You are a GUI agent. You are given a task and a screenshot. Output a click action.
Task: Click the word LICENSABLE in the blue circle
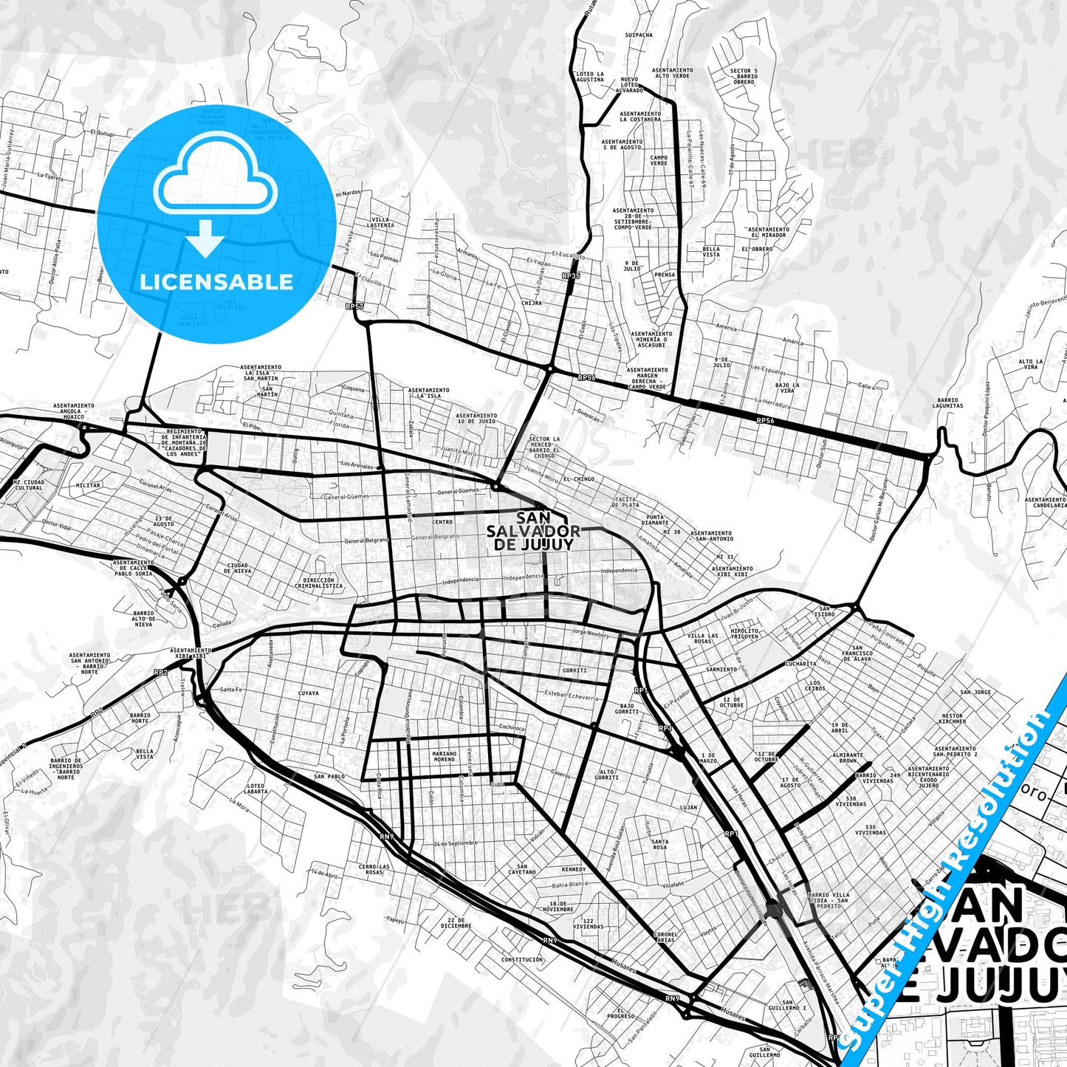click(x=216, y=281)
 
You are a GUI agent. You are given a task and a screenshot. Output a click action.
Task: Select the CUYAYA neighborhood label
click(x=308, y=693)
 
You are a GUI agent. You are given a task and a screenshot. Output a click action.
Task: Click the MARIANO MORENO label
click(x=445, y=756)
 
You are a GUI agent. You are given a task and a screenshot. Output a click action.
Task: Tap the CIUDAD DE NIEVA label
click(x=238, y=568)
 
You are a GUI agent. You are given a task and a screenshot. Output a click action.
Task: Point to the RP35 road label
click(x=571, y=275)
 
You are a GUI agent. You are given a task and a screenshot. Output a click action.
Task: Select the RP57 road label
click(x=354, y=306)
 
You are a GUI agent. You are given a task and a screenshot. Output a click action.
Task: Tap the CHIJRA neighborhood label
click(x=532, y=303)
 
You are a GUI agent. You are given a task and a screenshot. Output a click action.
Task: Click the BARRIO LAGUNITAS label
click(x=947, y=402)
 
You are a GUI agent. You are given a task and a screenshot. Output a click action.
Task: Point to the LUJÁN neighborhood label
click(x=688, y=808)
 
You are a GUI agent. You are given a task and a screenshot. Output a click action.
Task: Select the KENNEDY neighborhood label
click(x=573, y=869)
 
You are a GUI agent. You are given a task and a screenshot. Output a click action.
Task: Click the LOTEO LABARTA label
click(x=256, y=789)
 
